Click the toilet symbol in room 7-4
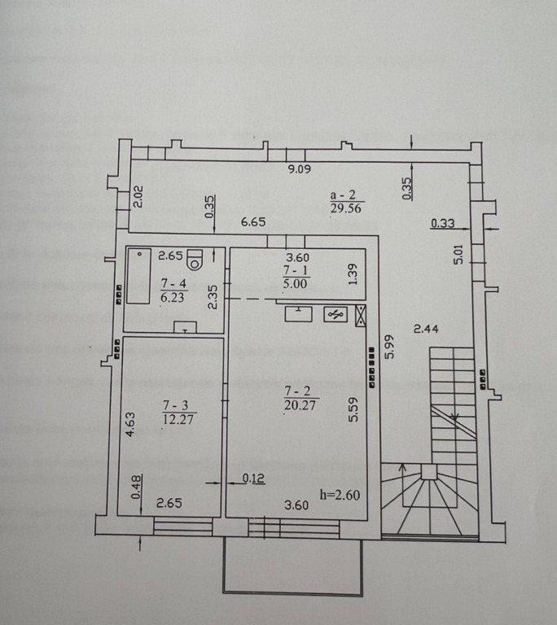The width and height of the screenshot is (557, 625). pos(195,260)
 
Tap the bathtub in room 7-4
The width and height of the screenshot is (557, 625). pos(138,276)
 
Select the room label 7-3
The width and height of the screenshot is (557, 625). pos(176,405)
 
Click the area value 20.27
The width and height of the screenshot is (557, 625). pos(300,405)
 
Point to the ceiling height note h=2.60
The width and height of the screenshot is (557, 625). pos(340,495)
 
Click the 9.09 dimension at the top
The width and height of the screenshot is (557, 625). pos(299,169)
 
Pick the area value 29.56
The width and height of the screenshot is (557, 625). pos(345,208)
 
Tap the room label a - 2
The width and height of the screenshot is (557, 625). pos(343,195)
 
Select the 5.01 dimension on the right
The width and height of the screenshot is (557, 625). pos(458,254)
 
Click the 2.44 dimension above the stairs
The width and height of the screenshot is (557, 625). pos(426,329)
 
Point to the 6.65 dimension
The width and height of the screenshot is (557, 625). pos(253,221)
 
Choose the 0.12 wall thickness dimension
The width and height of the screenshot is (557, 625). pos(254,478)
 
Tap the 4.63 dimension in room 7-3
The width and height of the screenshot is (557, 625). pos(130,425)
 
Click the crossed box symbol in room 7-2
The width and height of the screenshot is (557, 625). pos(360,316)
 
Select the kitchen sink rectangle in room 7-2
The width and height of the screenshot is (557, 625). pos(298,313)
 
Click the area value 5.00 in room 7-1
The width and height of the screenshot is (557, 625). pos(296,283)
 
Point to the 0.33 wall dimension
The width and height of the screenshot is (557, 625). pos(443,223)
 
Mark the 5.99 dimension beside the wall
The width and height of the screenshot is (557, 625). pos(389,346)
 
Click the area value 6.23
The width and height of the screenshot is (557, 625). pos(173,297)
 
